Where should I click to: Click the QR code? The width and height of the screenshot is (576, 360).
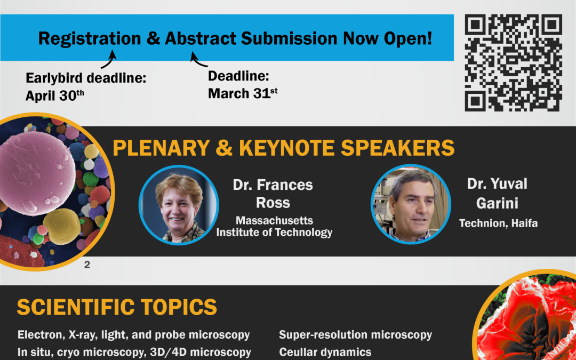click(x=514, y=63)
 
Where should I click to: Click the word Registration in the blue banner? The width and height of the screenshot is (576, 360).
click(x=90, y=38)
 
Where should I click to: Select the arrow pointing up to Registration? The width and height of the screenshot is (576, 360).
click(x=109, y=59)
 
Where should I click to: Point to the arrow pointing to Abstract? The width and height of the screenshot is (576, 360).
click(x=198, y=61)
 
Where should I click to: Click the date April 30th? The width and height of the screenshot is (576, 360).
click(x=55, y=95)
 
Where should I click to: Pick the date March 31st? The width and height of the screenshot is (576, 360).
click(x=243, y=93)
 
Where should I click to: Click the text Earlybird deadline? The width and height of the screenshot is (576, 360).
click(x=86, y=78)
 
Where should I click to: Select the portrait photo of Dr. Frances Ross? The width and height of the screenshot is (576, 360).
click(x=179, y=205)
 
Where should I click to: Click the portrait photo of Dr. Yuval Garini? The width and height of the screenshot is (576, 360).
click(x=411, y=204)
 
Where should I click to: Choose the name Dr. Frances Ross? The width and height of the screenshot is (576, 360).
click(x=273, y=194)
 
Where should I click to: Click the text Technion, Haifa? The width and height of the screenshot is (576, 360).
click(x=499, y=223)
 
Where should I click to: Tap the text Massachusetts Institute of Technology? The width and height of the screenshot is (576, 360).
click(x=275, y=227)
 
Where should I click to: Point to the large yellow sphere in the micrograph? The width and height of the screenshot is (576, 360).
click(x=62, y=226)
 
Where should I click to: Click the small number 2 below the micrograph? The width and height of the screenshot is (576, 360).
click(x=87, y=265)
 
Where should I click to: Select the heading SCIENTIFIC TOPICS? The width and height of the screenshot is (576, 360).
click(x=117, y=307)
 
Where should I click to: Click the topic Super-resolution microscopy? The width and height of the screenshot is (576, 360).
click(x=355, y=334)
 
